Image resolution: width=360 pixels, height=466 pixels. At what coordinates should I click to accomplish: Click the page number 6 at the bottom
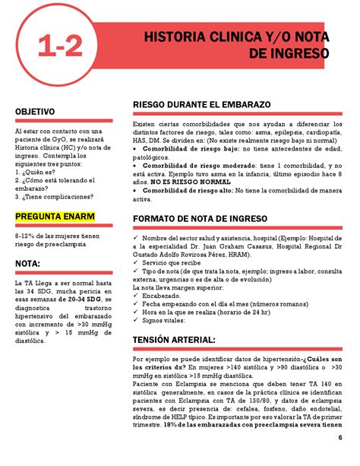pos(340,443)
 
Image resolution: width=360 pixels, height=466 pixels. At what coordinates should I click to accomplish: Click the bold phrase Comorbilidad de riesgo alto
pos(187,190)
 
